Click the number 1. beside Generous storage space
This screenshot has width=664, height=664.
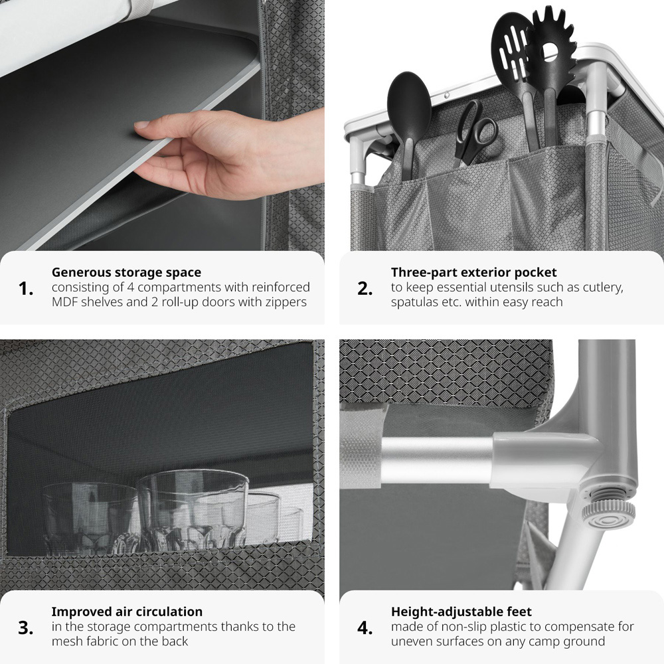(26, 289)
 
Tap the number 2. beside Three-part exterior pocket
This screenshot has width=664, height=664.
(365, 289)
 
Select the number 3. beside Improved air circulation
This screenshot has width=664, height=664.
(26, 628)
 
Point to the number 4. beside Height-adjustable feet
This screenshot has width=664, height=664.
(365, 628)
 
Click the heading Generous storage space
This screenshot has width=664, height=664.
(126, 272)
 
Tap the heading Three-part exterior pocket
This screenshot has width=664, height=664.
(474, 272)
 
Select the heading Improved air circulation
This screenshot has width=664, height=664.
(127, 612)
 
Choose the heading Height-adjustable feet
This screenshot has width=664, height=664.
(461, 612)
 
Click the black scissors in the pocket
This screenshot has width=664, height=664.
(475, 131)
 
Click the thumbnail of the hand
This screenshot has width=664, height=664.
(141, 125)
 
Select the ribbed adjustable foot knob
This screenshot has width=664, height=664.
(608, 513)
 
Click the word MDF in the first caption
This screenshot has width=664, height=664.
(65, 302)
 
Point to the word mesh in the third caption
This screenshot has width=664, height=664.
(68, 641)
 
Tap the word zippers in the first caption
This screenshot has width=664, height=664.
(285, 303)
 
